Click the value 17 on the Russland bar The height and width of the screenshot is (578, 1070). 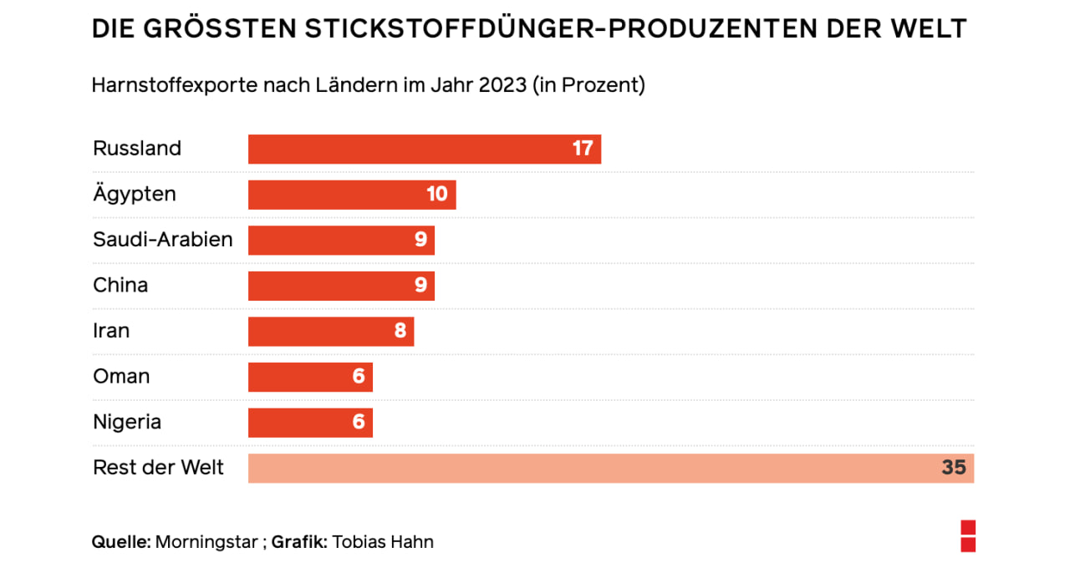coord(583,149)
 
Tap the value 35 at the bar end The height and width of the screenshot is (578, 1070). coord(954,469)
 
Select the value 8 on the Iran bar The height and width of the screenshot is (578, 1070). coord(400,332)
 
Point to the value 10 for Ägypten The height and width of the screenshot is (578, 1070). coord(437,195)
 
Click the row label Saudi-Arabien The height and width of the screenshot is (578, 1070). coord(163,241)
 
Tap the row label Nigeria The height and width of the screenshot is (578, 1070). coord(127,423)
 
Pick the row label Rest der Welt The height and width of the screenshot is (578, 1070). coord(159,469)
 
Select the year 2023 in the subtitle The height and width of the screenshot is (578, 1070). coord(502,86)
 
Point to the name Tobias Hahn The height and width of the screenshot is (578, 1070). coord(383,542)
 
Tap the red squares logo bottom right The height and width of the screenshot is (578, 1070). coord(968,536)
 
